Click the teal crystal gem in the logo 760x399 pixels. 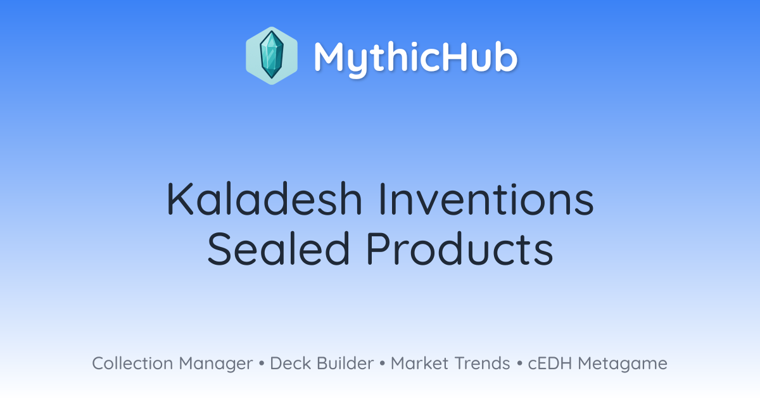pyautogui.click(x=272, y=55)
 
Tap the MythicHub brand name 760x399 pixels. pyautogui.click(x=415, y=58)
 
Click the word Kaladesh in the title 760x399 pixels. pyautogui.click(x=265, y=199)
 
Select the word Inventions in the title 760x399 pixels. pyautogui.click(x=486, y=199)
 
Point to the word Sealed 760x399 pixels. pyautogui.click(x=279, y=248)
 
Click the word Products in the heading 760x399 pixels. pyautogui.click(x=460, y=248)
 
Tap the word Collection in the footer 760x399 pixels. pyautogui.click(x=132, y=364)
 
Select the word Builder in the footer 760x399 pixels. pyautogui.click(x=345, y=364)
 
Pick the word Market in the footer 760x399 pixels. pyautogui.click(x=419, y=364)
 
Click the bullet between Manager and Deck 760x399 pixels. pyautogui.click(x=261, y=364)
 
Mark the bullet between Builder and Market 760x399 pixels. pyautogui.click(x=383, y=364)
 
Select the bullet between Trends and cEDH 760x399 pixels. pyautogui.click(x=519, y=364)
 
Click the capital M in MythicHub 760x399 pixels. pyautogui.click(x=330, y=56)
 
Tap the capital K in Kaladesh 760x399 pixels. pyautogui.click(x=179, y=199)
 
